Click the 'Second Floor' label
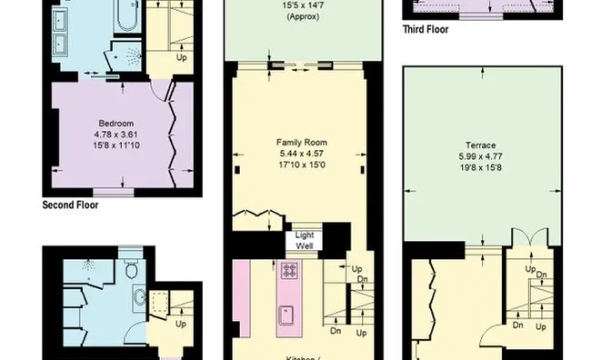pos(70,205)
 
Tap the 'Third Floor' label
pos(426,29)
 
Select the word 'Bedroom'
pos(116,124)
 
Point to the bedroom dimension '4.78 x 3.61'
pos(116,135)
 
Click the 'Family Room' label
pos(301,143)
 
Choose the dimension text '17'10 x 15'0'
pos(301,165)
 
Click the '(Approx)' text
pos(301,17)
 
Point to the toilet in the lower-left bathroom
pos(132,269)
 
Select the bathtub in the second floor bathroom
pos(122,17)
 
